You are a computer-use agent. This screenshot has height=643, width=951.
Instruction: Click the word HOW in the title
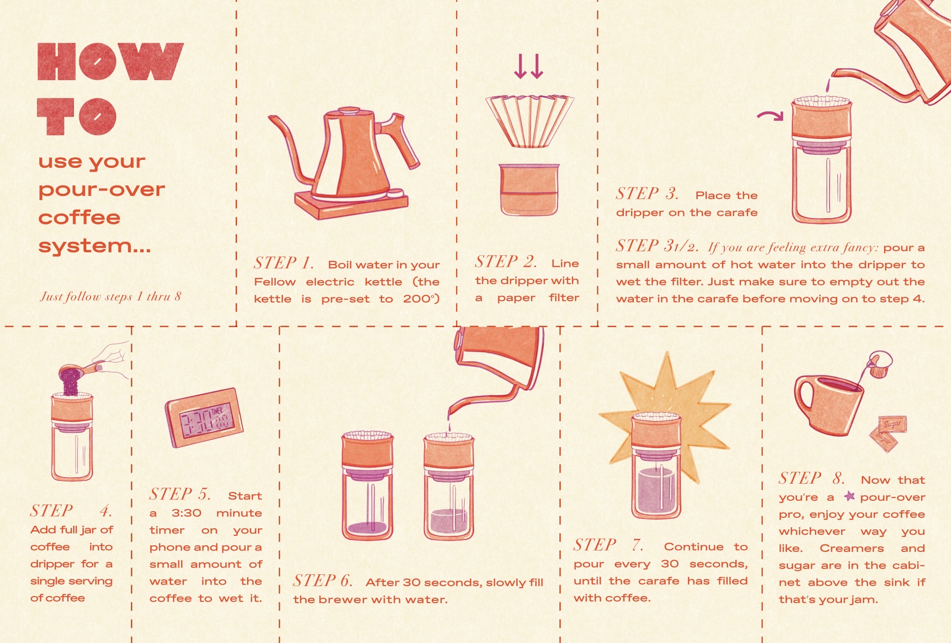pos(110,61)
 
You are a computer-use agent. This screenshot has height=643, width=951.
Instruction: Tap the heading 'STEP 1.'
pos(283,263)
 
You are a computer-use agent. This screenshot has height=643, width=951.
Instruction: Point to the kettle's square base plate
pos(351,204)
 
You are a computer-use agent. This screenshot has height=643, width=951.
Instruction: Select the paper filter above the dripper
pos(529,121)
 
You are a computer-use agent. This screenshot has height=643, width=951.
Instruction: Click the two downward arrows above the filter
pos(529,66)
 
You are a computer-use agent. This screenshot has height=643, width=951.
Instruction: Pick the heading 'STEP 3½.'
pos(657,246)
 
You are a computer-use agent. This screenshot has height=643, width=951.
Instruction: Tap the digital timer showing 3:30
pos(204,418)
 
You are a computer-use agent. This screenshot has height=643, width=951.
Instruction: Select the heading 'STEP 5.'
pos(180,495)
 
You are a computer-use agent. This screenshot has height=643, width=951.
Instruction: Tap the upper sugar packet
pos(893,424)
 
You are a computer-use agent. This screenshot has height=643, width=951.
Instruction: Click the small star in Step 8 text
pos(850,496)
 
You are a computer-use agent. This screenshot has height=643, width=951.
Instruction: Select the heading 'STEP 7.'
pos(609,545)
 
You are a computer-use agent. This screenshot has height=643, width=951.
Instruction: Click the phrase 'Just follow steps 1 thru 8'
pos(110,297)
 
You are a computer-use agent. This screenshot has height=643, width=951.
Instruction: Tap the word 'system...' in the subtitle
pos(95,246)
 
